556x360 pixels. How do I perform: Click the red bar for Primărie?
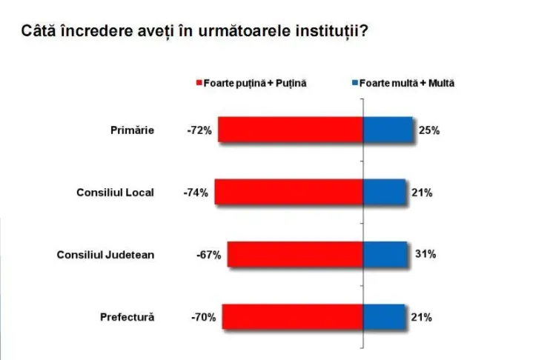point(291,130)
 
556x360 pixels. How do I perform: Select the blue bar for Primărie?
point(388,130)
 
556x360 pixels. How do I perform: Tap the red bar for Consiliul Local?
point(288,192)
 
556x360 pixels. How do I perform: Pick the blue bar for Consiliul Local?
point(384,192)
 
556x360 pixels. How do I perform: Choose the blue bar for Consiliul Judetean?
point(385,255)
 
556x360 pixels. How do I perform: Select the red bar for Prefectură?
point(292,317)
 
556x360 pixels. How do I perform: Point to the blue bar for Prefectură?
point(384,317)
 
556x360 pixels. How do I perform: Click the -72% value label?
point(200,130)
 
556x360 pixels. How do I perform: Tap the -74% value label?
point(196,193)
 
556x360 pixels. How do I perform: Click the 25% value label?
point(429,130)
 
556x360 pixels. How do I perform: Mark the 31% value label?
point(424,255)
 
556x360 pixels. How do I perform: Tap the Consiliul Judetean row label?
point(106,255)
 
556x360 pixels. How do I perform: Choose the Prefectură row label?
point(128,318)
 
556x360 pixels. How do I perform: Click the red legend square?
point(199,84)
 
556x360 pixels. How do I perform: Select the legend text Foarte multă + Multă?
point(406,84)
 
